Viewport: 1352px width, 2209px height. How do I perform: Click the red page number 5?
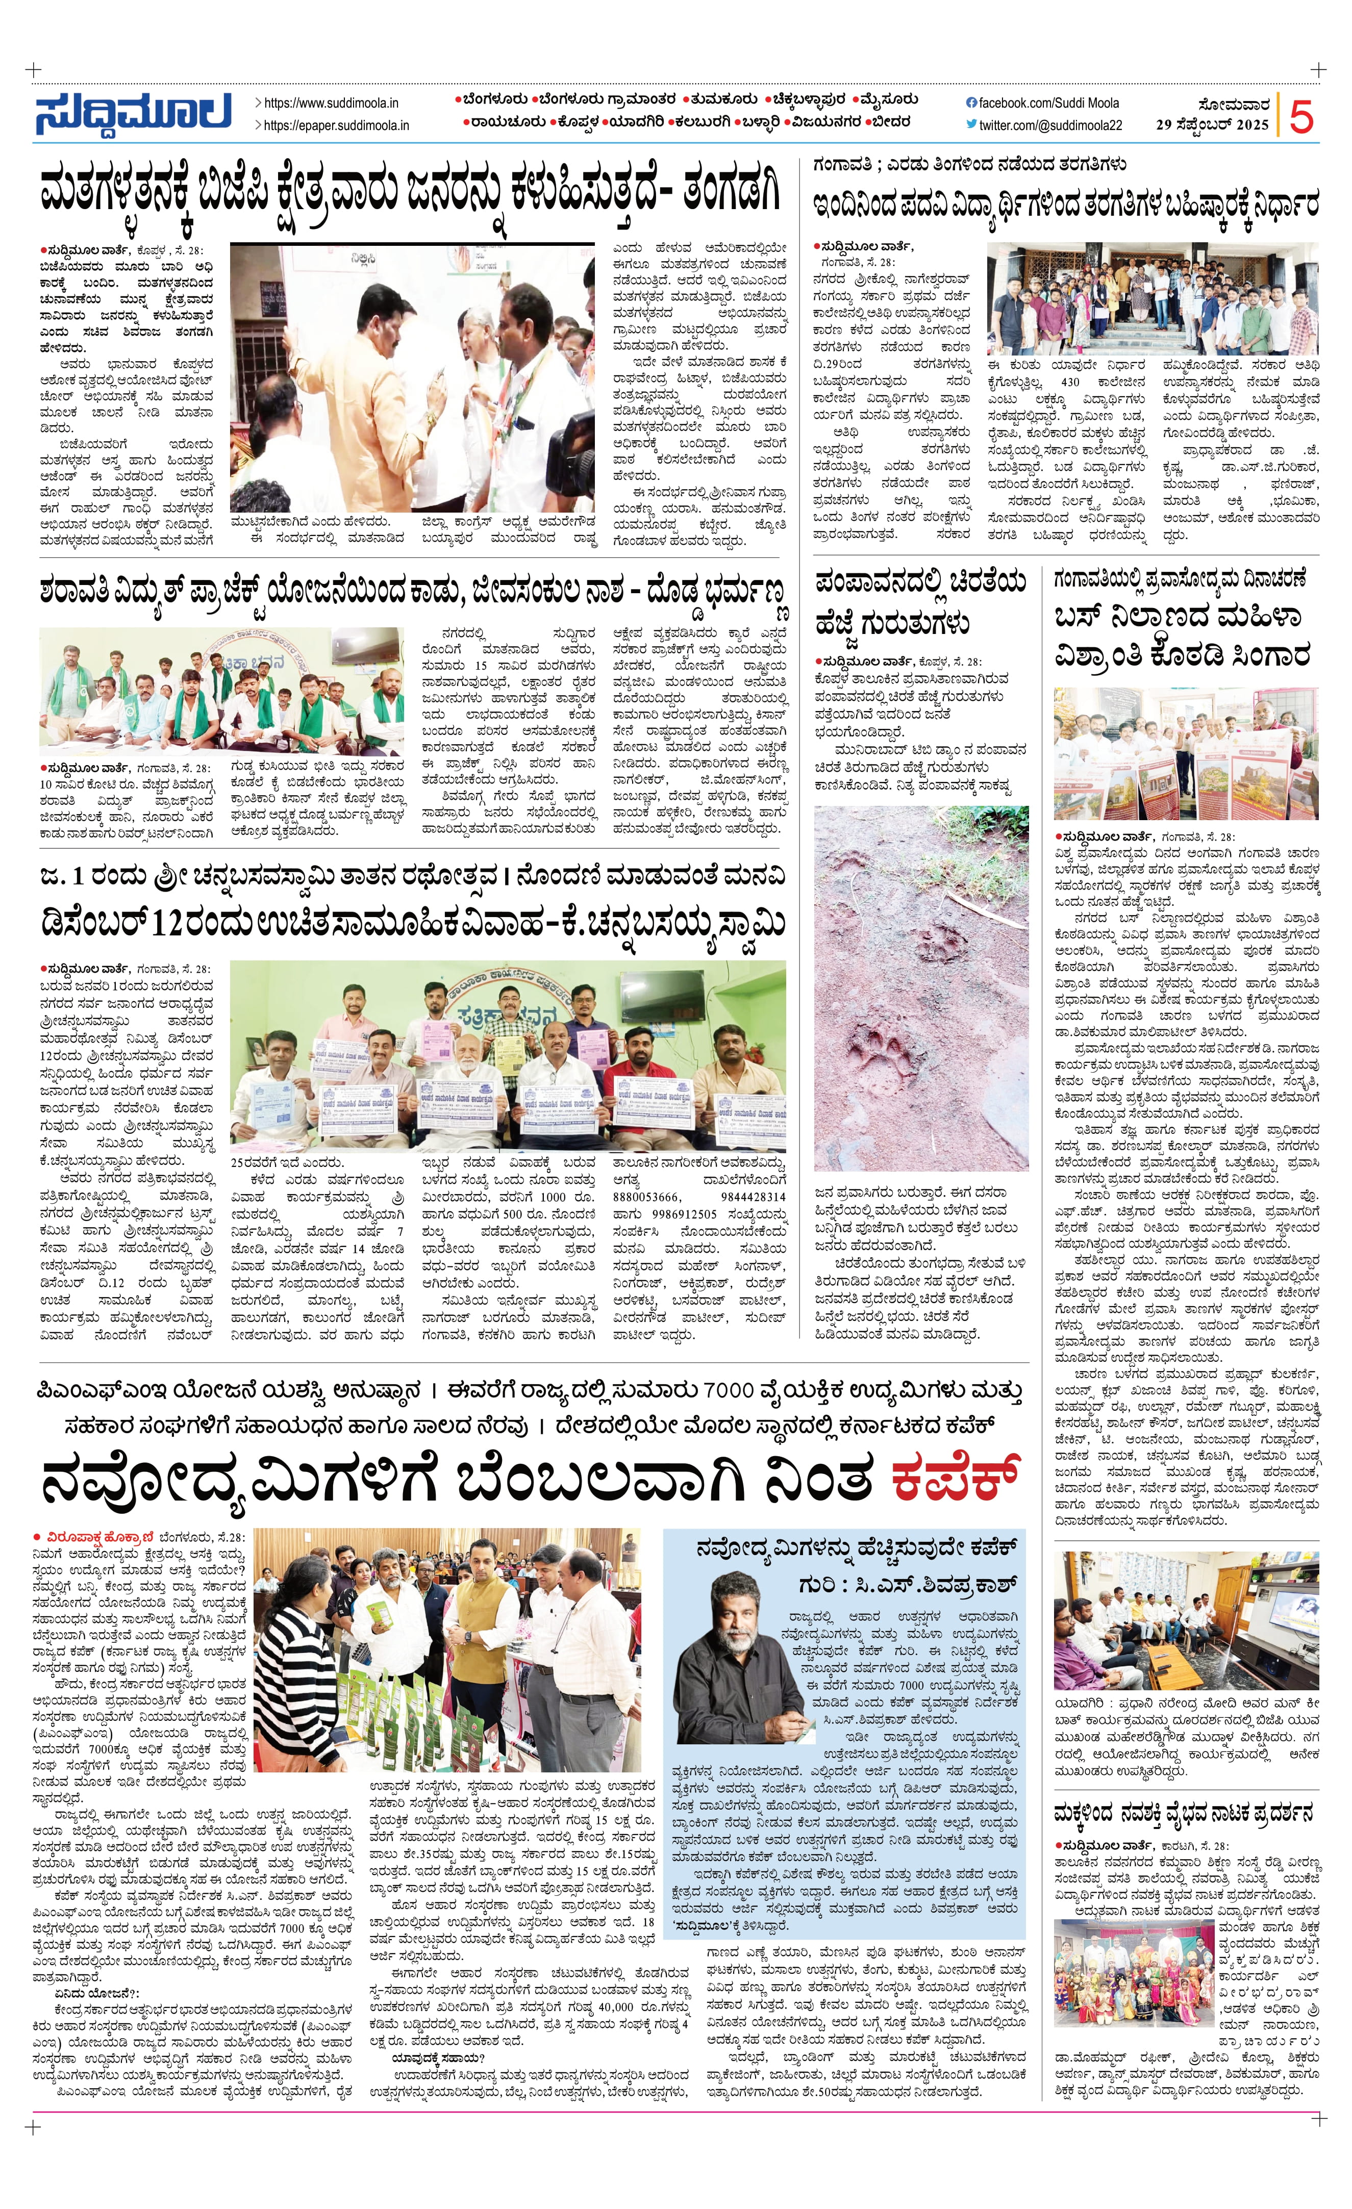click(x=1302, y=117)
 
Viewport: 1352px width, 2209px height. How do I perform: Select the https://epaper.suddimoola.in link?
click(x=336, y=125)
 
